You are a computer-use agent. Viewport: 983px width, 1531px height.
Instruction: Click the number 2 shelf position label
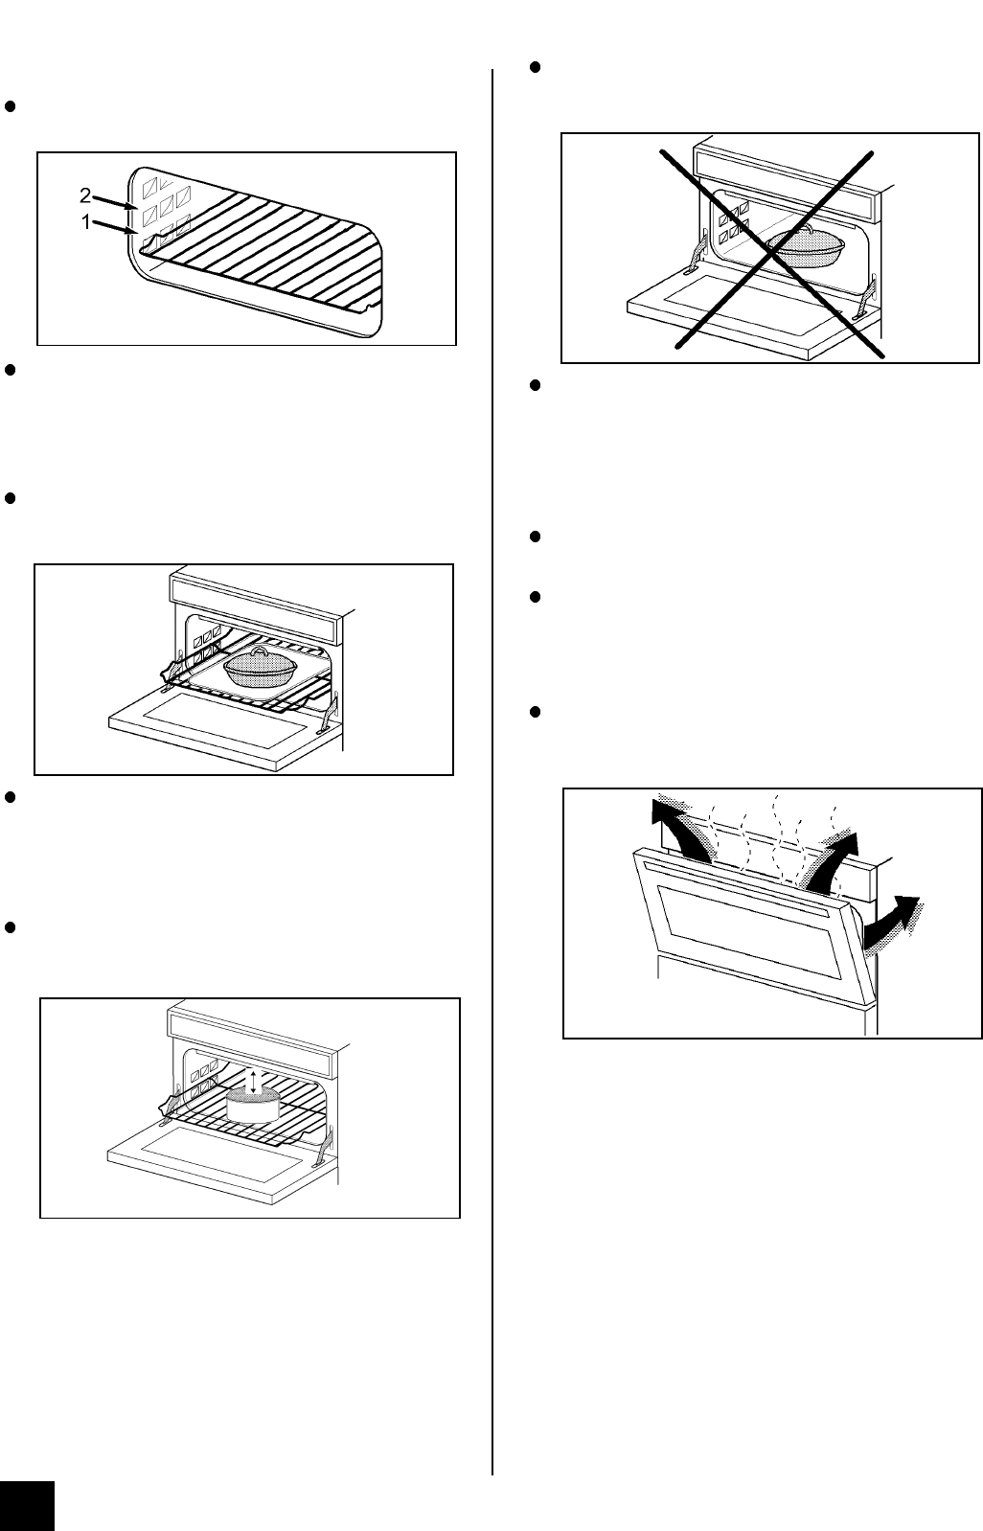[x=84, y=196]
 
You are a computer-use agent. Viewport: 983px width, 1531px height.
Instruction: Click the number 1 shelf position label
[x=86, y=222]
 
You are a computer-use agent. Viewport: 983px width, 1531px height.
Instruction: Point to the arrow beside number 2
[x=116, y=202]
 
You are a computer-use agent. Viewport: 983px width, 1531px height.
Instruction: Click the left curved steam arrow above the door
[x=681, y=828]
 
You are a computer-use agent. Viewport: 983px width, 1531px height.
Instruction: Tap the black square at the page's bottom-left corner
[x=27, y=1506]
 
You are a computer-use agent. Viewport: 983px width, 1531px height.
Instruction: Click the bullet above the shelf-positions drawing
[x=11, y=106]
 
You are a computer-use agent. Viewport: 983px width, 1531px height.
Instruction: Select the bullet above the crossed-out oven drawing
[x=536, y=67]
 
